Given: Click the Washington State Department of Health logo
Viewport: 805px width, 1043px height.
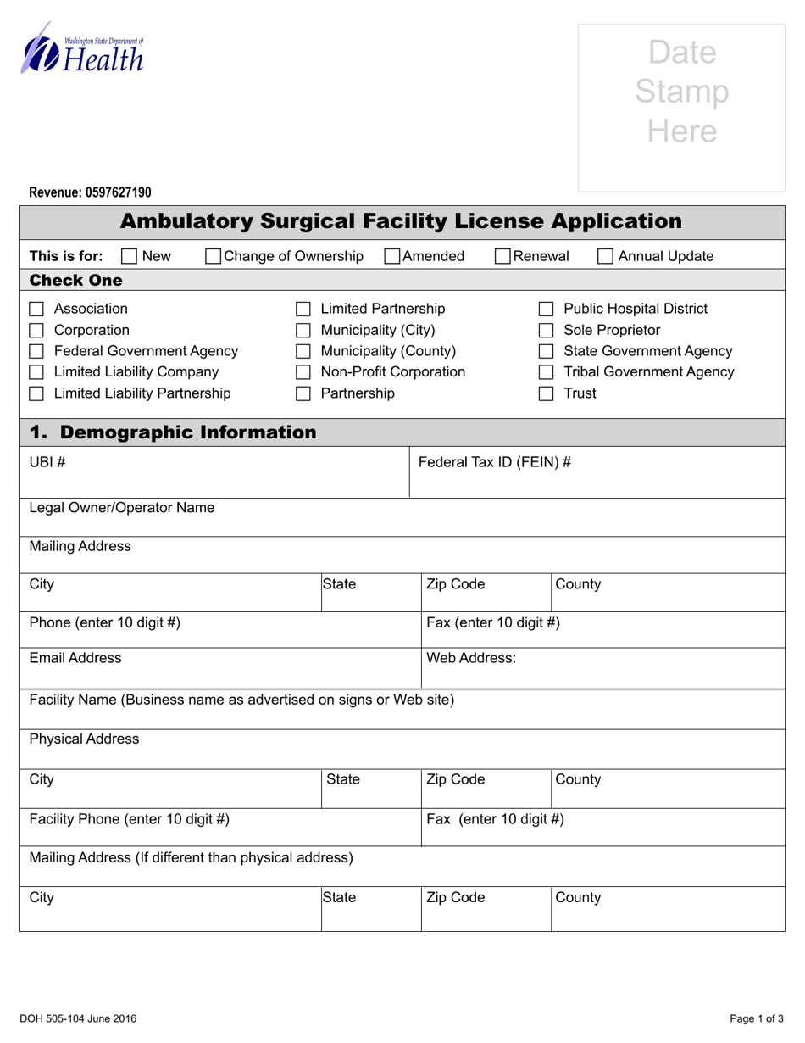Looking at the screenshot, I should click(x=82, y=49).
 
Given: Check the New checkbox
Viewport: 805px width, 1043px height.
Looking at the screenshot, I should click(x=129, y=257).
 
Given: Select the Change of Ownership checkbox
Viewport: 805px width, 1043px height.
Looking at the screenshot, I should click(x=214, y=257).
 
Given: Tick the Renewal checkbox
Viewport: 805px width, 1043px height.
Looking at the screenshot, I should click(x=502, y=257).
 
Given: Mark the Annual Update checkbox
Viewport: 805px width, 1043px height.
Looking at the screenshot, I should click(x=605, y=257).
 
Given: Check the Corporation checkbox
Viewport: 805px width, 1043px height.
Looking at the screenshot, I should click(x=36, y=331).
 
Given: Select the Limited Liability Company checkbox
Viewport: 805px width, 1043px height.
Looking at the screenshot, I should click(x=36, y=373).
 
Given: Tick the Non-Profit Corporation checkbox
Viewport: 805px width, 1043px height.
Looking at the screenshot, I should click(x=303, y=373).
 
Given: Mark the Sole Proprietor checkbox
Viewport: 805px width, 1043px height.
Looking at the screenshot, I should click(x=547, y=331).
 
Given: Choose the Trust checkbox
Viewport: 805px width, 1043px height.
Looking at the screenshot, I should click(x=547, y=394).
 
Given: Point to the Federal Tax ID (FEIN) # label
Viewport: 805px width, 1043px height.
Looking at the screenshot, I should click(x=495, y=462).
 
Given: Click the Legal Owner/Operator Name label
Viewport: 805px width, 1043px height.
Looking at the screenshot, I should click(x=122, y=508).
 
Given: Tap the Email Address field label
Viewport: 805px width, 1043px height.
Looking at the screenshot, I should click(x=75, y=658).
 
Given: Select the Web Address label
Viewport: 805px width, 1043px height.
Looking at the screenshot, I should click(x=471, y=658).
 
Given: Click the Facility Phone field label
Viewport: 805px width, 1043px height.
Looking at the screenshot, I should click(x=130, y=819).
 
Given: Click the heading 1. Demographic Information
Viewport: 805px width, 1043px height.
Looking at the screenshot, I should click(x=173, y=432).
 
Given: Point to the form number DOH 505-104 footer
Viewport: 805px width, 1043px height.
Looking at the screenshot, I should click(x=83, y=1018).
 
